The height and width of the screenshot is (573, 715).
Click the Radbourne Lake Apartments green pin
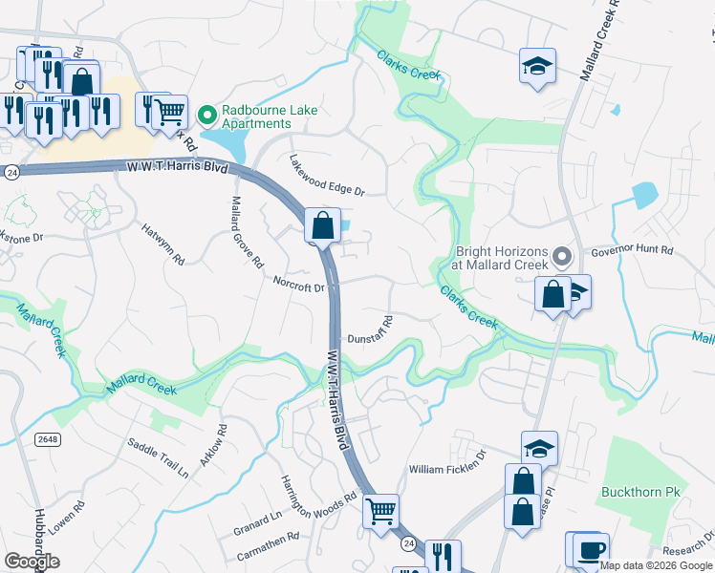pyautogui.click(x=206, y=116)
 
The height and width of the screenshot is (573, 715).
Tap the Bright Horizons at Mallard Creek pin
pyautogui.click(x=562, y=257)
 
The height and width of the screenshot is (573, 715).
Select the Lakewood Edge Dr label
pyautogui.click(x=328, y=177)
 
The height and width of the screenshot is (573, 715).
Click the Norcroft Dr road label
pyautogui.click(x=299, y=285)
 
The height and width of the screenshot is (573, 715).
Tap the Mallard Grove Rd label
pyautogui.click(x=246, y=232)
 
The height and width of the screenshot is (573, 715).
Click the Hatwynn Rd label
pyautogui.click(x=162, y=245)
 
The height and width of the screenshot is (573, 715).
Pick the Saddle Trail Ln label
pyautogui.click(x=158, y=457)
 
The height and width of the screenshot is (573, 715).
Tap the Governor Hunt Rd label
pyautogui.click(x=633, y=251)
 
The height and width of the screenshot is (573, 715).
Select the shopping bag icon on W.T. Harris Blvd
pyautogui.click(x=323, y=225)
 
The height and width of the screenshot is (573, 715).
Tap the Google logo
pyautogui.click(x=32, y=561)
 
